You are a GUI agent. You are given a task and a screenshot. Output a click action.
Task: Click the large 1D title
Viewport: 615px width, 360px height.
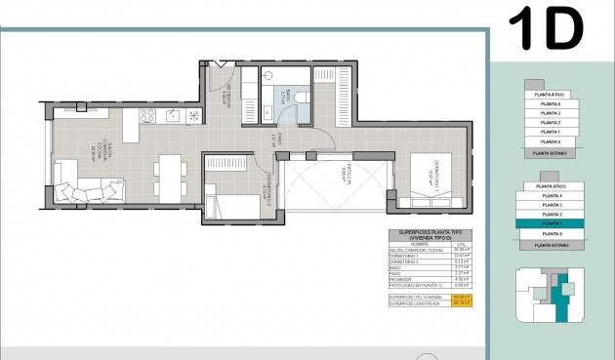[547, 30]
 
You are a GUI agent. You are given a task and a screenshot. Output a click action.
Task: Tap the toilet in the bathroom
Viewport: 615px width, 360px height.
[302, 97]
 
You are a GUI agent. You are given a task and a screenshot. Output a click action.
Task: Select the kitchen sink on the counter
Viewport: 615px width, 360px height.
[173, 116]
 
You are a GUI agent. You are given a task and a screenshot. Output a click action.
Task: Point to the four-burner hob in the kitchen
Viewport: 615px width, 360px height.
[148, 116]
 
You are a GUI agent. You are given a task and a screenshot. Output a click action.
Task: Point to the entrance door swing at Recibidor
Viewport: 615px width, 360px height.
[223, 77]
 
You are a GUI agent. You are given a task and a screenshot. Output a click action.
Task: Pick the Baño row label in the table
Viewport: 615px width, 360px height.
[395, 266]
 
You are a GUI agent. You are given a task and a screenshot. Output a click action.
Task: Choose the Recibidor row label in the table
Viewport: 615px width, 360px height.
[401, 279]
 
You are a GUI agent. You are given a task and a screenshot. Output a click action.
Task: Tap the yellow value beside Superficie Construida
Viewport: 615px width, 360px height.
[462, 302]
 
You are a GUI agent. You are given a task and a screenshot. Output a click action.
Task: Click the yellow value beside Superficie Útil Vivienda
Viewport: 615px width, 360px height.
[462, 296]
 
